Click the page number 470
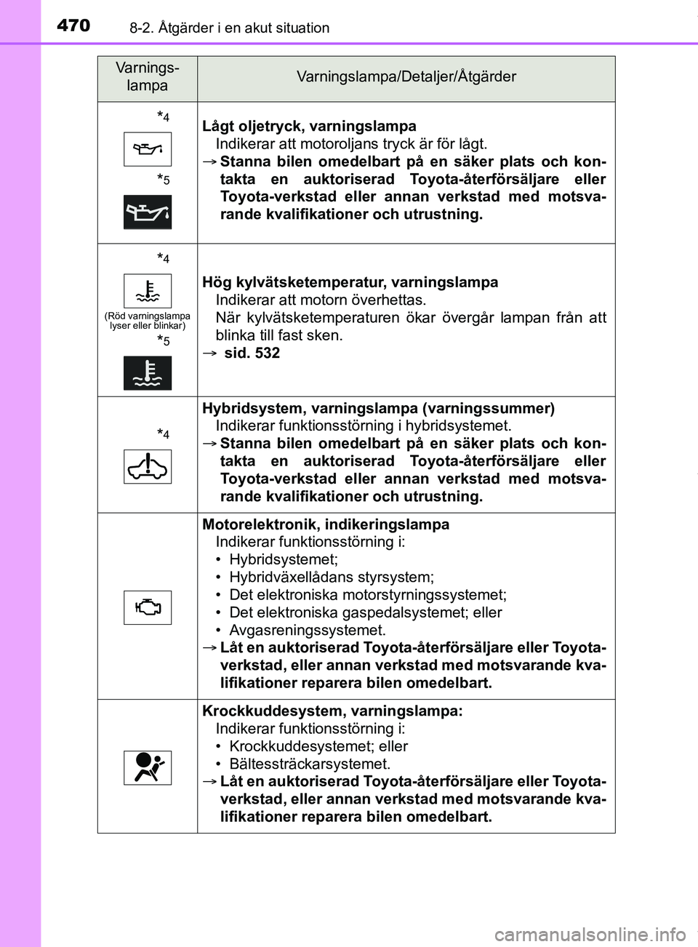pyautogui.click(x=73, y=25)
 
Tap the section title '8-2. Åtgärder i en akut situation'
pyautogui.click(x=229, y=28)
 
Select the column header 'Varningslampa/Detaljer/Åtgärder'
pyautogui.click(x=406, y=76)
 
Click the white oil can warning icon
pyautogui.click(x=148, y=149)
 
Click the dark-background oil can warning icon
pyautogui.click(x=148, y=212)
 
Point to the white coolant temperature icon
pyautogui.click(x=148, y=291)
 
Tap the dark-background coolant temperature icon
pyautogui.click(x=148, y=373)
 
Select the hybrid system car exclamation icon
pyautogui.click(x=148, y=466)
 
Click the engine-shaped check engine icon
pyautogui.click(x=148, y=607)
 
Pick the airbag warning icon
pyautogui.click(x=148, y=767)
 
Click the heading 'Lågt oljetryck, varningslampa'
pyautogui.click(x=309, y=126)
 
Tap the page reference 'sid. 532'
pyautogui.click(x=252, y=353)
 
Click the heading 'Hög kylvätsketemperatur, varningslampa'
pyautogui.click(x=350, y=282)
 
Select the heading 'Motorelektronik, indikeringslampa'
pyautogui.click(x=326, y=524)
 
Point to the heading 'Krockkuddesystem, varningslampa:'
pyautogui.click(x=332, y=711)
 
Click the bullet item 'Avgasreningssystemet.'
pyautogui.click(x=307, y=630)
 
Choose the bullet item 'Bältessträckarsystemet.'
pyautogui.click(x=310, y=764)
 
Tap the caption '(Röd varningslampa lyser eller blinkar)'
pyautogui.click(x=148, y=321)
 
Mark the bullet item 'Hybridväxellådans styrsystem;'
pyautogui.click(x=331, y=577)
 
